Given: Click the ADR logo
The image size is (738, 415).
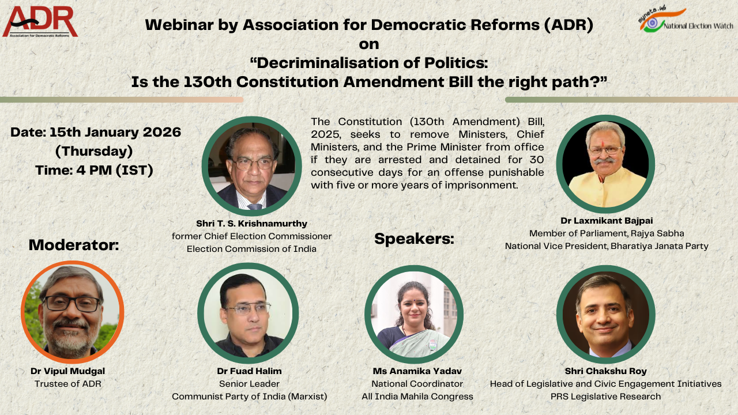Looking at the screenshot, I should tap(40, 21).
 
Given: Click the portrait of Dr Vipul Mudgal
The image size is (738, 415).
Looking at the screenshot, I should tap(73, 311).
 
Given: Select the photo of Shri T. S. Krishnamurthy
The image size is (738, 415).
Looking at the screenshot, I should tap(252, 167).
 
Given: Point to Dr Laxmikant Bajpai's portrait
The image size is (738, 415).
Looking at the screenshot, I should tap(605, 164).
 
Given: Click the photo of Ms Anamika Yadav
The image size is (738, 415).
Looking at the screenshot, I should tap(415, 314).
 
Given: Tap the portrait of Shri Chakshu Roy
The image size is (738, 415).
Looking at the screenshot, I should tap(605, 314).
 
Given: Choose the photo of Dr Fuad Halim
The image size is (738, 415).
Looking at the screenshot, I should tap(248, 314).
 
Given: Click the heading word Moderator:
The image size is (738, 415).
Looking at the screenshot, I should tap(74, 245).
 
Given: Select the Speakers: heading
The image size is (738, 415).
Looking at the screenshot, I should tap(414, 239).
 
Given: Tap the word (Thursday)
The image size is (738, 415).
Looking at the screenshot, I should tap(94, 152).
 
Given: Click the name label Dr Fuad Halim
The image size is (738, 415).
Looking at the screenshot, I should tap(249, 371).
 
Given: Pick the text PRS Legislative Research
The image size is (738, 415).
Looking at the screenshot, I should tap(605, 397).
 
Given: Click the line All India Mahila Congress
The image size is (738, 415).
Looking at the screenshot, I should tap(417, 397).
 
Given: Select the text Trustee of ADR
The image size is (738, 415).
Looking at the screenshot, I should tap(68, 384).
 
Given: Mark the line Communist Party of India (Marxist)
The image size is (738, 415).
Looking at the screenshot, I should tap(250, 397).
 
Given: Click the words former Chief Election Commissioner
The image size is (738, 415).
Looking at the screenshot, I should tap(251, 236).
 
